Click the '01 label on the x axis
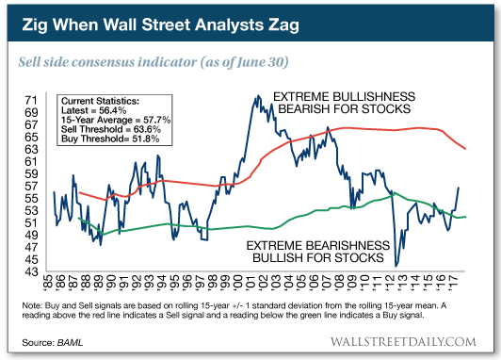pyautogui.click(x=256, y=286)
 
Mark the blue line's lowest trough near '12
pyautogui.click(x=397, y=265)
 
